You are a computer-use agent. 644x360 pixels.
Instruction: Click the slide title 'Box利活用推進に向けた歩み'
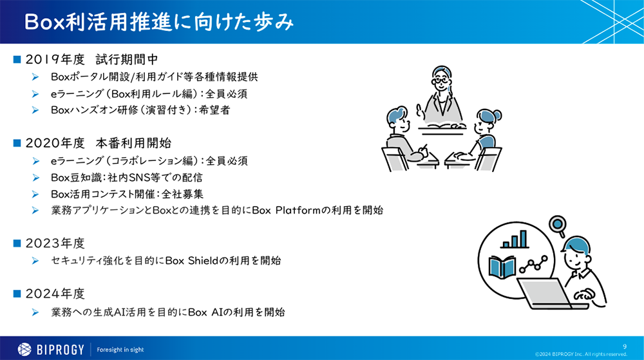point(158,22)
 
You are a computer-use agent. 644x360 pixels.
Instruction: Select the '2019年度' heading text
point(55,60)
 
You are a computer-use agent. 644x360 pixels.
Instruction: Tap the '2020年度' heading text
point(55,142)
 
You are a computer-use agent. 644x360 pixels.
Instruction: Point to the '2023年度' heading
point(55,243)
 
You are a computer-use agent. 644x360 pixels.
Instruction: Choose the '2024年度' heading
point(55,294)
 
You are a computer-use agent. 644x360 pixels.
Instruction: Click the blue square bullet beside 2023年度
point(17,243)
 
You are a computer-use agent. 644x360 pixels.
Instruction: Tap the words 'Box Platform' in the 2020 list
point(284,210)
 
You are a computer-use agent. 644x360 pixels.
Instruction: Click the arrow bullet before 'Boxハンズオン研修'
point(36,110)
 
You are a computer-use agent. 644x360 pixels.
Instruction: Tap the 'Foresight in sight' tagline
point(120,350)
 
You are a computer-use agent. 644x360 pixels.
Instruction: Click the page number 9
point(624,346)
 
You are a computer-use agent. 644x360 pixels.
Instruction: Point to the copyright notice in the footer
point(581,354)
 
